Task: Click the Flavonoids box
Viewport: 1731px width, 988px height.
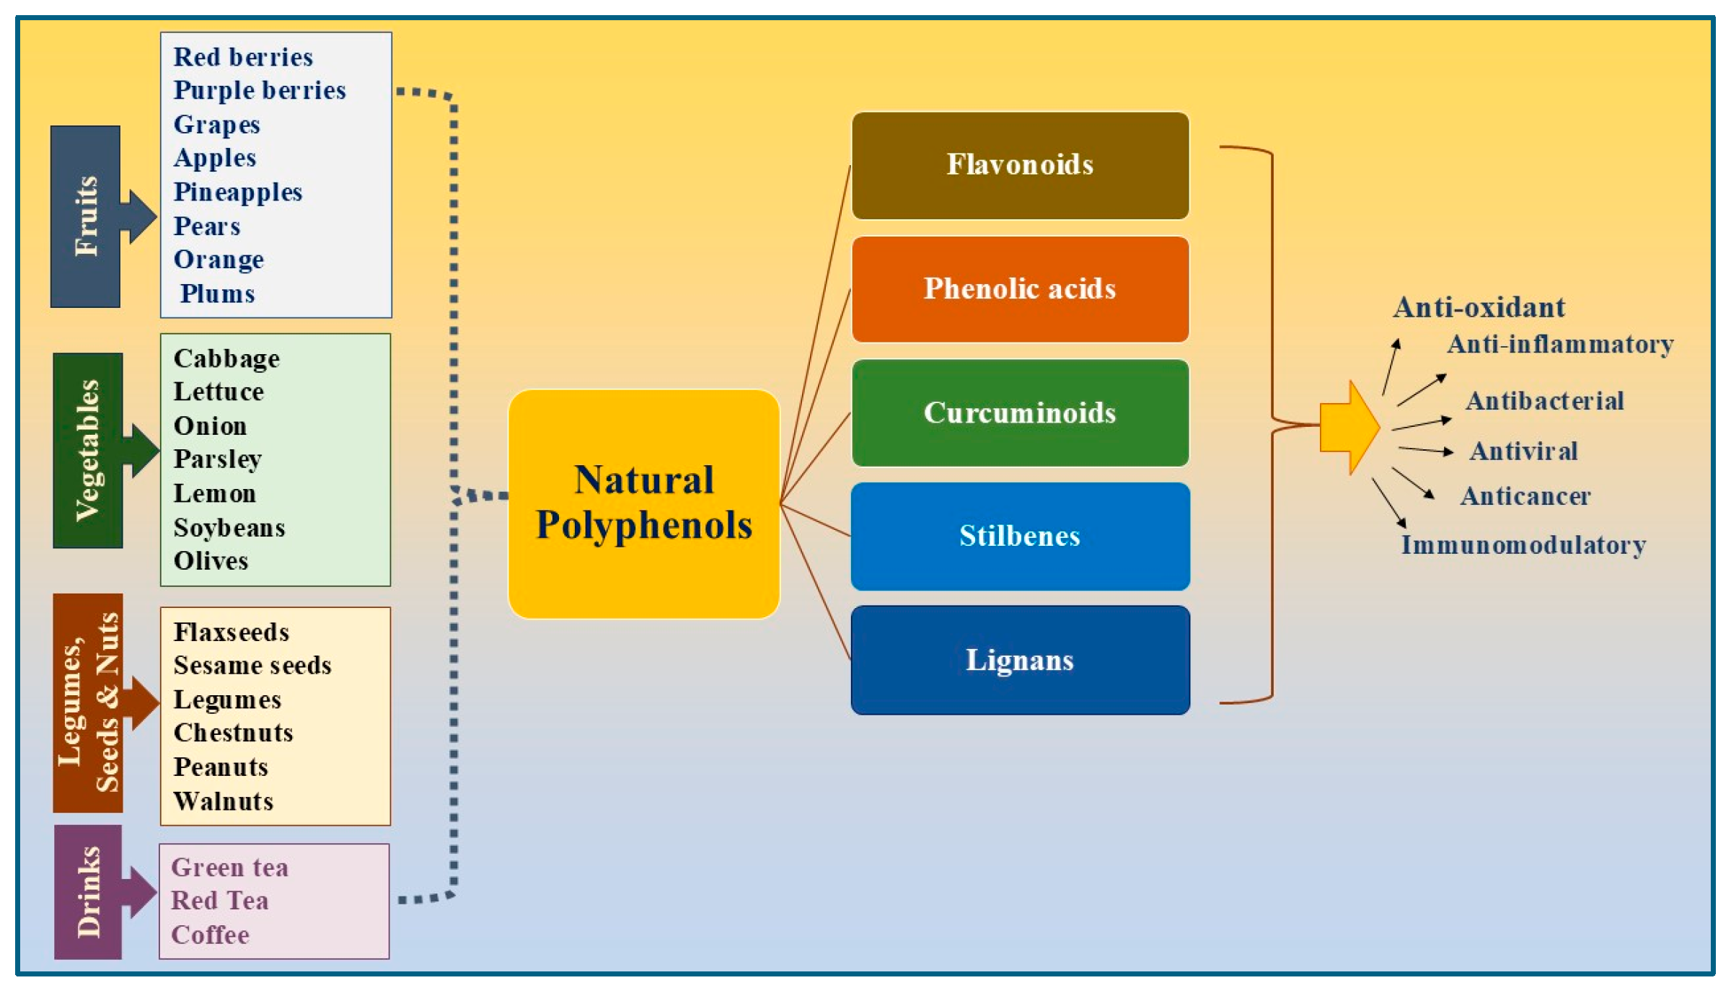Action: [x=1020, y=165]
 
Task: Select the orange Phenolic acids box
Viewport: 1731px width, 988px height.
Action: [x=1020, y=288]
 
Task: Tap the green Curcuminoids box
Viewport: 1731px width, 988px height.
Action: [x=1020, y=413]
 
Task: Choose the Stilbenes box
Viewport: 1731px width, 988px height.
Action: [x=1020, y=536]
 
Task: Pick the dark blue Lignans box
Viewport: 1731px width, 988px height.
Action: [x=1020, y=660]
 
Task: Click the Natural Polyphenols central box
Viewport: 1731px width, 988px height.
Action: [x=643, y=503]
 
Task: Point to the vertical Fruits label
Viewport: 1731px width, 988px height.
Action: [x=86, y=216]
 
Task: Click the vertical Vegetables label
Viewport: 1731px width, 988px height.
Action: [x=87, y=450]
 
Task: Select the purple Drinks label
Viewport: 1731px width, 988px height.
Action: [x=88, y=892]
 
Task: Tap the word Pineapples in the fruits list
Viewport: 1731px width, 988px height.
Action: [x=237, y=193]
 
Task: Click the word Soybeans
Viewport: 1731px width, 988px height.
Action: [x=229, y=529]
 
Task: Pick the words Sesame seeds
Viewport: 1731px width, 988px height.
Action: [x=252, y=665]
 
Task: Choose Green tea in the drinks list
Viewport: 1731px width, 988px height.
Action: [x=229, y=868]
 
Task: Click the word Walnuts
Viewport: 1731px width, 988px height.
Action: [x=224, y=801]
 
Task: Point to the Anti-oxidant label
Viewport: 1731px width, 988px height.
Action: [x=1479, y=307]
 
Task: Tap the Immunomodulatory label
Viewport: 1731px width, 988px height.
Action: [x=1523, y=545]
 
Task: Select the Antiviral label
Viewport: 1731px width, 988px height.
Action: [x=1524, y=451]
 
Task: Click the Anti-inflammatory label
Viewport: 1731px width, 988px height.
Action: [x=1560, y=345]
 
